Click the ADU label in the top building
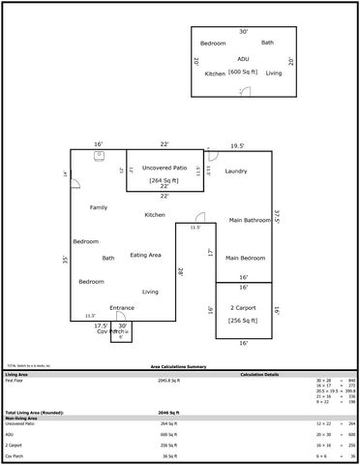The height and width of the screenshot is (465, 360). coord(243,58)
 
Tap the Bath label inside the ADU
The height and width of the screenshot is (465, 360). coord(267,43)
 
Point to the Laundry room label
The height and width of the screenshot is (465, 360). coord(236,171)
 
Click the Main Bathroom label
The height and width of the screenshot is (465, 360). coord(250,221)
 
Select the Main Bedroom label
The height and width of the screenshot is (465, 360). coord(246,259)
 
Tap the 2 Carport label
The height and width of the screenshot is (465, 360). coord(243,308)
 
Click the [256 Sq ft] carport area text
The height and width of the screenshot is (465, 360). coord(243,321)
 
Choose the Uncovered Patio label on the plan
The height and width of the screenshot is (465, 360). coord(164,168)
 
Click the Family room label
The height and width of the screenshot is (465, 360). coord(99,208)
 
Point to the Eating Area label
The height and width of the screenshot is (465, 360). coord(145,255)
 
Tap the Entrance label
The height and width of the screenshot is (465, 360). coord(122,307)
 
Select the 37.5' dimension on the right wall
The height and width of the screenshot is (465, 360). coord(276,217)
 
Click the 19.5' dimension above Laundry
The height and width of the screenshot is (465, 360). coord(237,146)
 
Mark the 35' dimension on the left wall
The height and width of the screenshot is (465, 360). coord(65,261)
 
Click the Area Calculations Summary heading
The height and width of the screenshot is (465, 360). coord(178,367)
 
